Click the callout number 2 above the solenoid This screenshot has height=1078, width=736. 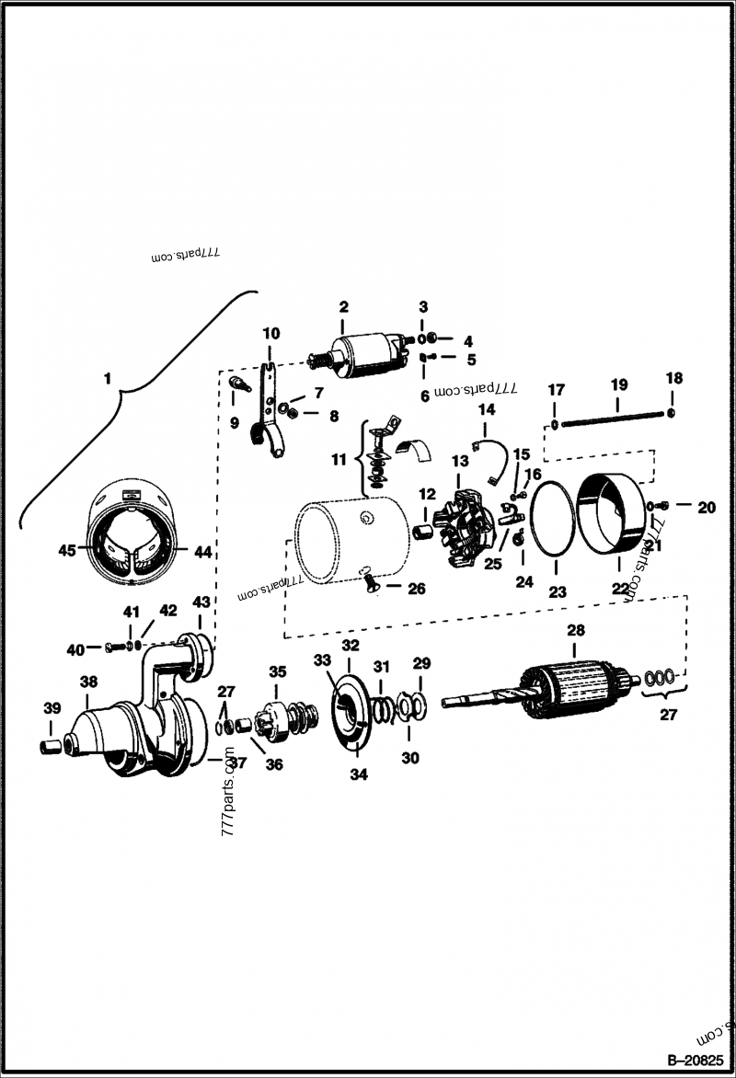point(343,306)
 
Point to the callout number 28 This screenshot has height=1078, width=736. point(575,631)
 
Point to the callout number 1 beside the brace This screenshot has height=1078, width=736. point(108,378)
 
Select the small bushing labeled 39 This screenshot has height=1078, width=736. point(52,743)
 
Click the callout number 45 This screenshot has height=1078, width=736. point(65,550)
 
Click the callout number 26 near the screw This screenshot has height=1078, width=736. point(417,589)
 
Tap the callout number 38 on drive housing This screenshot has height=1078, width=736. point(88,682)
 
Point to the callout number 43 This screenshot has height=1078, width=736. point(201,602)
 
